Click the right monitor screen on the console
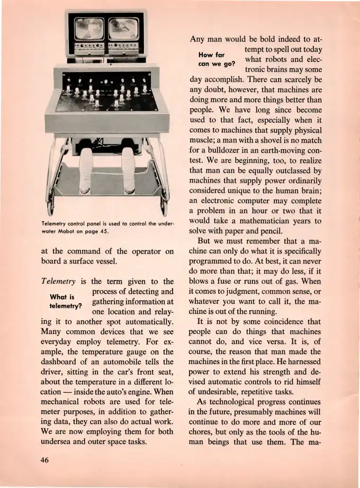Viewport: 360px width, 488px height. (124, 29)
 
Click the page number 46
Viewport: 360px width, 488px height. (45, 460)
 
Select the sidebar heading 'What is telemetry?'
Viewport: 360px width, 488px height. (66, 302)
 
